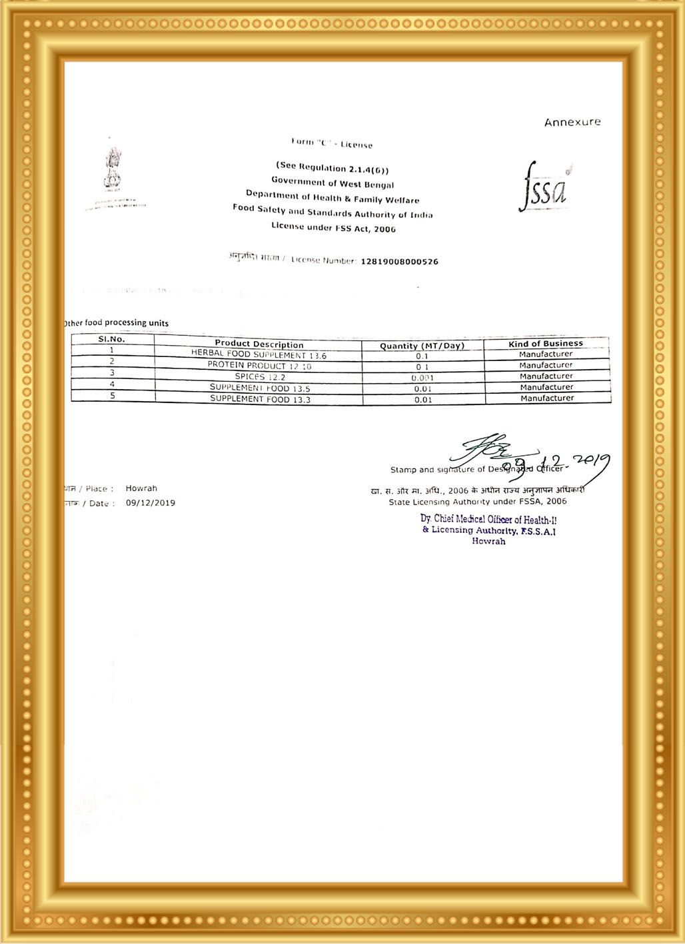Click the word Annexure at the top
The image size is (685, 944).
tap(572, 122)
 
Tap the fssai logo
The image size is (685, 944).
tap(544, 187)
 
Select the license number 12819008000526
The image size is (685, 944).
tap(399, 262)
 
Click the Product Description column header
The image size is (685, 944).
tap(259, 344)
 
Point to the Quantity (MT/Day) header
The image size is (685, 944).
tap(422, 346)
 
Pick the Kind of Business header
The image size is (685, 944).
tap(546, 344)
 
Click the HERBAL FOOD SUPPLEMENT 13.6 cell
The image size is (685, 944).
tap(259, 356)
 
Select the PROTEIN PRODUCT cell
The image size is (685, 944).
tap(259, 366)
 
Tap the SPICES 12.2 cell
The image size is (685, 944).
tap(260, 377)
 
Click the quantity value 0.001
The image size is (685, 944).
tap(422, 378)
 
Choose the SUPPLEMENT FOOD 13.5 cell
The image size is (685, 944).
tap(260, 388)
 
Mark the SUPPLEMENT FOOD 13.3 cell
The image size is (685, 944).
tap(260, 399)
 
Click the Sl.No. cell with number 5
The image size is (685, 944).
tap(113, 396)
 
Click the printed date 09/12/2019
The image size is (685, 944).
tap(151, 503)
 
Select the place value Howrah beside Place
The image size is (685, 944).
tap(141, 488)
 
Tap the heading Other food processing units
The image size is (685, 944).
tap(117, 323)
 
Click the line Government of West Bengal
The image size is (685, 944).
tap(333, 183)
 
